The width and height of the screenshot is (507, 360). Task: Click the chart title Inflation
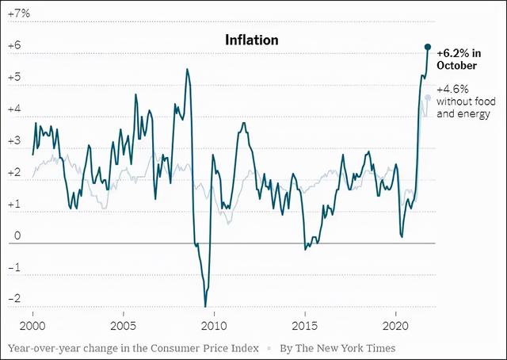(x=251, y=39)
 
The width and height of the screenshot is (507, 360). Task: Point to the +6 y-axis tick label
(x=13, y=47)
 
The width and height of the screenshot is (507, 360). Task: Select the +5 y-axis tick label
(x=13, y=79)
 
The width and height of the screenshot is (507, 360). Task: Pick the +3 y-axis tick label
(x=13, y=141)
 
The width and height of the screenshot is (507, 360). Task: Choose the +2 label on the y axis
(x=13, y=173)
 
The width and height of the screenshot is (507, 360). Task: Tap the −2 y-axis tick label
(x=13, y=299)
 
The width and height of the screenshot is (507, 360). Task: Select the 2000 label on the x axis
(x=32, y=326)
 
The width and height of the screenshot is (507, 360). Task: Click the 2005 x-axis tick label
(x=123, y=326)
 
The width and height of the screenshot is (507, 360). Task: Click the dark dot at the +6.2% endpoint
(x=428, y=48)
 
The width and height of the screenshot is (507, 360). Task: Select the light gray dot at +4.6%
(x=428, y=98)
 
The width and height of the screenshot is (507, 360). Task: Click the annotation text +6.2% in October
(x=462, y=59)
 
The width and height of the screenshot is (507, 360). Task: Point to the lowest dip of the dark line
(x=205, y=306)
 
